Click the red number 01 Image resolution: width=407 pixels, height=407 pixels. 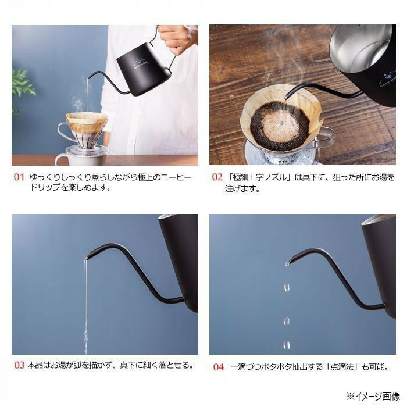click(x=19, y=177)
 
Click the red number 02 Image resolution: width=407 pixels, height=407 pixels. click(x=217, y=177)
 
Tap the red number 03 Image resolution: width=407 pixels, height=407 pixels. click(x=19, y=365)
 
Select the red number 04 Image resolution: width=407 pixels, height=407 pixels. click(x=218, y=367)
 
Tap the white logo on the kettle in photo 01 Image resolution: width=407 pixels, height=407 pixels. click(x=141, y=64)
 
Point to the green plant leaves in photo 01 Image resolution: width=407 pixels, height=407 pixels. click(x=22, y=85)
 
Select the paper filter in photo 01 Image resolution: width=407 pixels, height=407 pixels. click(x=87, y=123)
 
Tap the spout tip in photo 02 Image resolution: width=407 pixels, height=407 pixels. click(x=285, y=98)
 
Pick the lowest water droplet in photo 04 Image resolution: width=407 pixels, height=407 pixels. click(x=287, y=345)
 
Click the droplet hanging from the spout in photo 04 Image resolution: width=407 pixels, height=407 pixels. click(x=287, y=263)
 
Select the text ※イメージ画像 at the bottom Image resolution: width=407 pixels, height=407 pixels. click(x=373, y=397)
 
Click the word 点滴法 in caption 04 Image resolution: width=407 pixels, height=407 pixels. click(x=341, y=367)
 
